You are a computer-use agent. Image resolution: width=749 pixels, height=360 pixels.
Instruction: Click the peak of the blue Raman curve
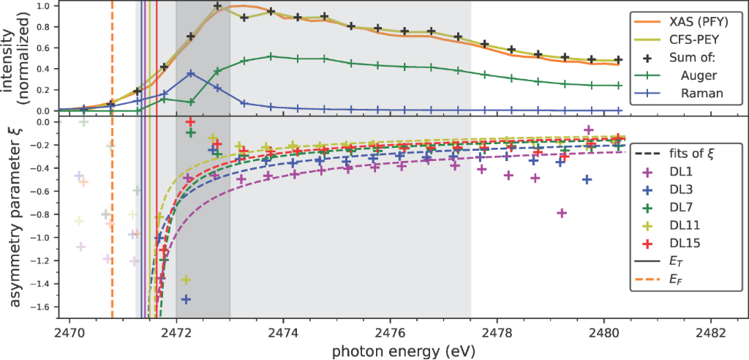[x=191, y=73]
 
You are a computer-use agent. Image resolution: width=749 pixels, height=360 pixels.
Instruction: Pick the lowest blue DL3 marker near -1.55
[x=186, y=299]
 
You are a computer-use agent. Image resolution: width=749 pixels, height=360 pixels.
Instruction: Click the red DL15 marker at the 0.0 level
[x=191, y=121]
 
